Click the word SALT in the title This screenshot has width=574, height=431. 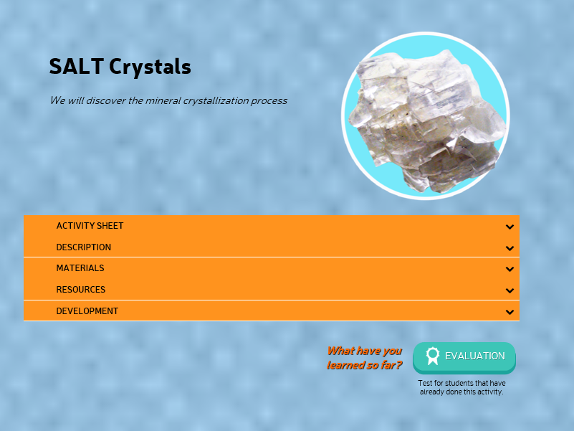click(77, 67)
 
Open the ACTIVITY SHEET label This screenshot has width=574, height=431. click(90, 226)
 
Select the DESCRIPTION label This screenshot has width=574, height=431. click(83, 247)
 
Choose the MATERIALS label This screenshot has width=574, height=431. click(80, 268)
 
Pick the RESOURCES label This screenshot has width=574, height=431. click(80, 290)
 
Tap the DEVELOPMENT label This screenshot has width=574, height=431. click(87, 311)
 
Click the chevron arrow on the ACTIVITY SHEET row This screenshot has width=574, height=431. click(510, 227)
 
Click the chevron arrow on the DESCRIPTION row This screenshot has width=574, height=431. click(510, 248)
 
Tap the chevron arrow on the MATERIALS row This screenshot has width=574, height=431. click(510, 270)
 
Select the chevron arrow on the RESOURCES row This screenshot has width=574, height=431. click(510, 290)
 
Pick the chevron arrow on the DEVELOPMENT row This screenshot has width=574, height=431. click(510, 312)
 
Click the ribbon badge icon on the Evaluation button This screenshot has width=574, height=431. click(432, 356)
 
